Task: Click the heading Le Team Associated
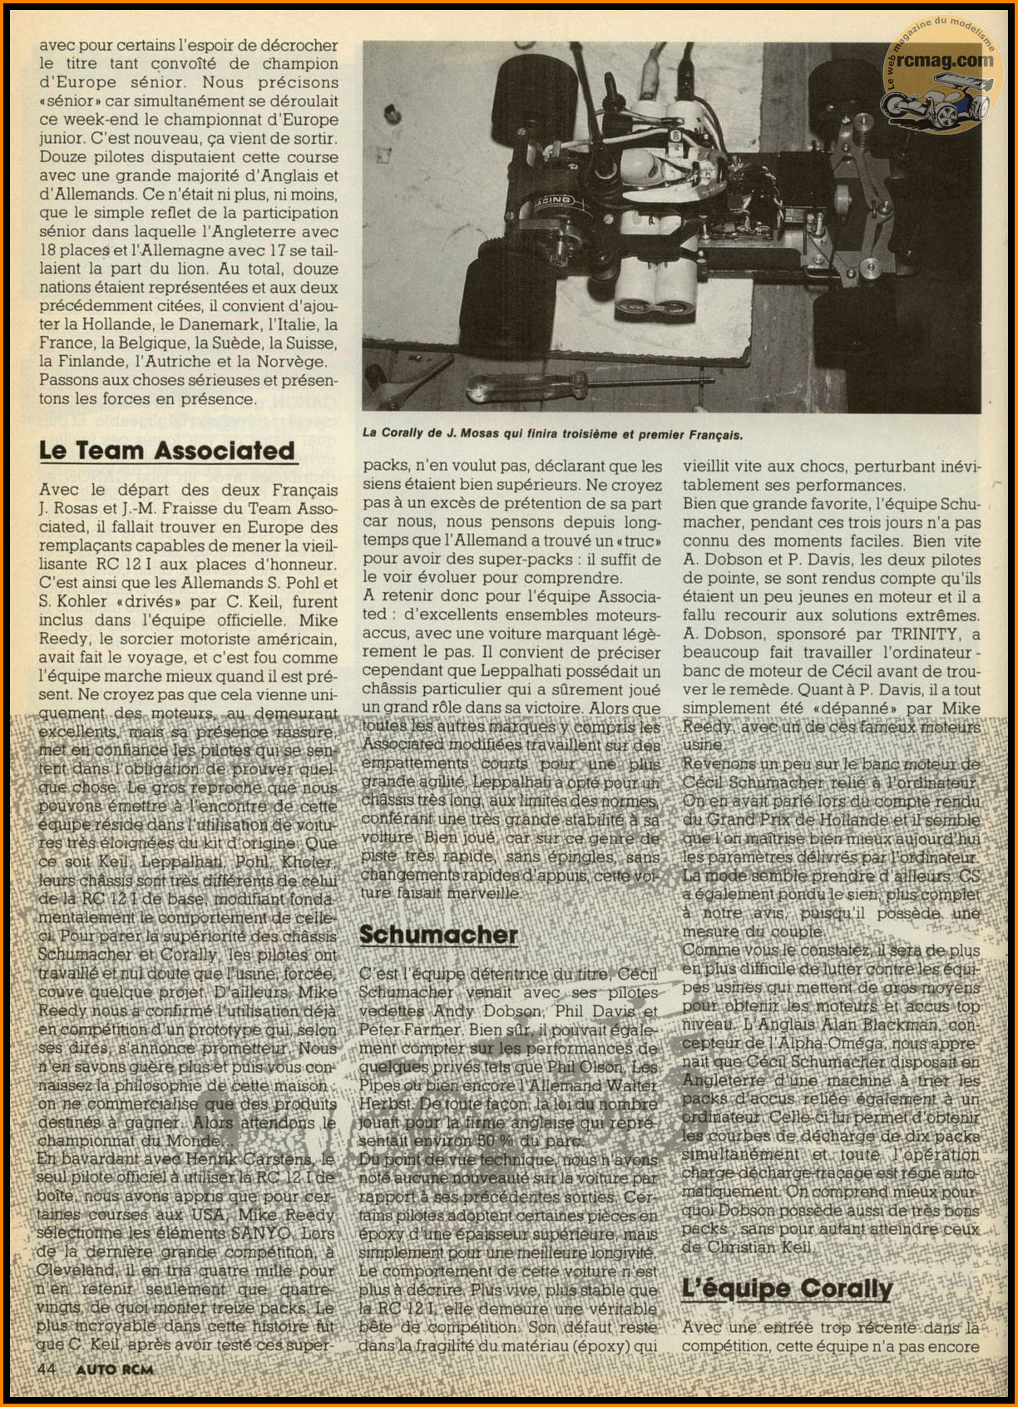167,451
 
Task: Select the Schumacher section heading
438,935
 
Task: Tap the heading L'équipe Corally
787,1289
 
